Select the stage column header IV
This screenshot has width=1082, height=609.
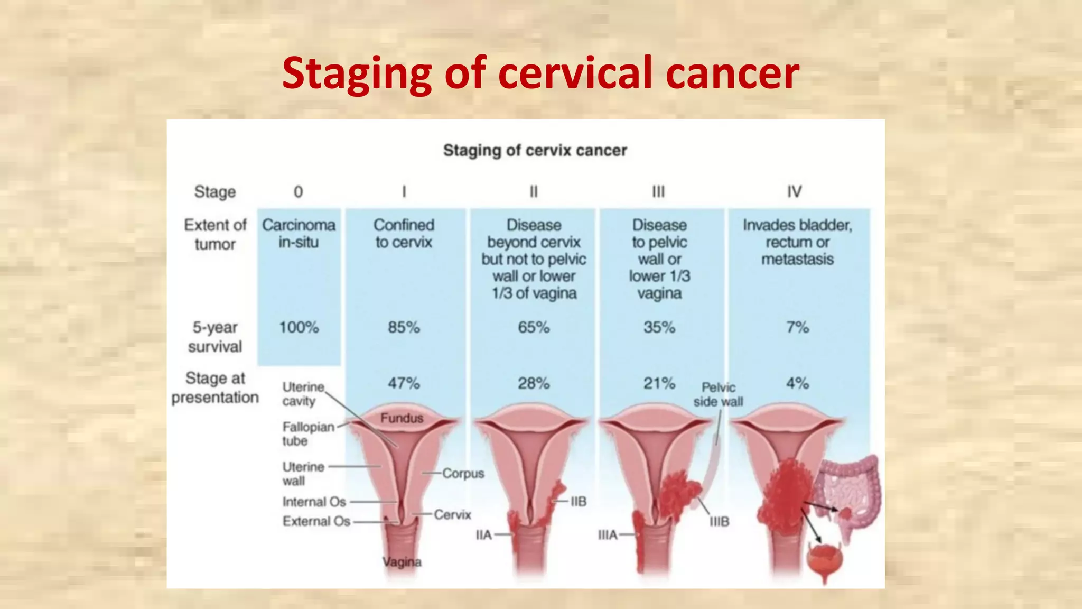[x=794, y=191]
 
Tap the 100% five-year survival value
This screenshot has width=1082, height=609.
[x=299, y=327]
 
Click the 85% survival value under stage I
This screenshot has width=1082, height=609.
[x=404, y=327]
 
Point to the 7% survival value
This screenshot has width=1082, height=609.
[x=797, y=327]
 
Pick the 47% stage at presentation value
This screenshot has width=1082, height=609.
[x=404, y=383]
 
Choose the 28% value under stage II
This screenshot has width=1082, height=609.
[x=534, y=383]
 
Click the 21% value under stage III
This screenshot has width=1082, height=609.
[x=659, y=383]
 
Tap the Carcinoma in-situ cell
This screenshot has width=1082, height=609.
[x=299, y=233]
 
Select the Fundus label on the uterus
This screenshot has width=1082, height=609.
[x=402, y=418]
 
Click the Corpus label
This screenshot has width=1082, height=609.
[x=463, y=473]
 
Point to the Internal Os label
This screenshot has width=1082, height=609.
[x=314, y=502]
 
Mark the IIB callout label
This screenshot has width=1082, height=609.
[x=578, y=501]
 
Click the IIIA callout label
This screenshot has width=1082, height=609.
[x=608, y=535]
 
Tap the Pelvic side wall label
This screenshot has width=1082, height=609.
[x=718, y=394]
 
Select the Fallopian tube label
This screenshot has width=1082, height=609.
[x=307, y=433]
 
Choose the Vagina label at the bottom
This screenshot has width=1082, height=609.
[x=402, y=562]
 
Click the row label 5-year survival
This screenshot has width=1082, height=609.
[x=215, y=337]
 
